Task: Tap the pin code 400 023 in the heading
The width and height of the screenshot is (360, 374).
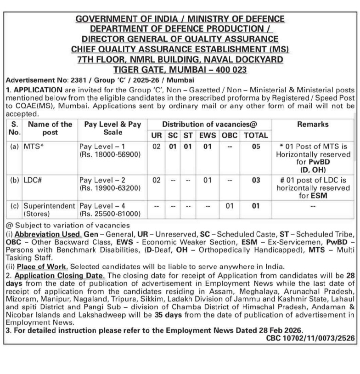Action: [228, 70]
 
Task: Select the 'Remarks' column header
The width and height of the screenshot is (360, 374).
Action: [313, 125]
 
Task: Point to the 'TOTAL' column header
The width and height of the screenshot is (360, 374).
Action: [256, 136]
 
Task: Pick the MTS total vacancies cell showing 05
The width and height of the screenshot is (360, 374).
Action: [256, 147]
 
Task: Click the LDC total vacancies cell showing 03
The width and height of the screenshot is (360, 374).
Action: [256, 180]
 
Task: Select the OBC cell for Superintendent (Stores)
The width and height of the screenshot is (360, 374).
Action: [230, 205]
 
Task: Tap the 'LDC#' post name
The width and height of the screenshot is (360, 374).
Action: [33, 180]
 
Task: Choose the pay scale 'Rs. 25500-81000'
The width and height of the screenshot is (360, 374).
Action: [110, 214]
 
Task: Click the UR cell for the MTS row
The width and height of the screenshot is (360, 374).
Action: [157, 147]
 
